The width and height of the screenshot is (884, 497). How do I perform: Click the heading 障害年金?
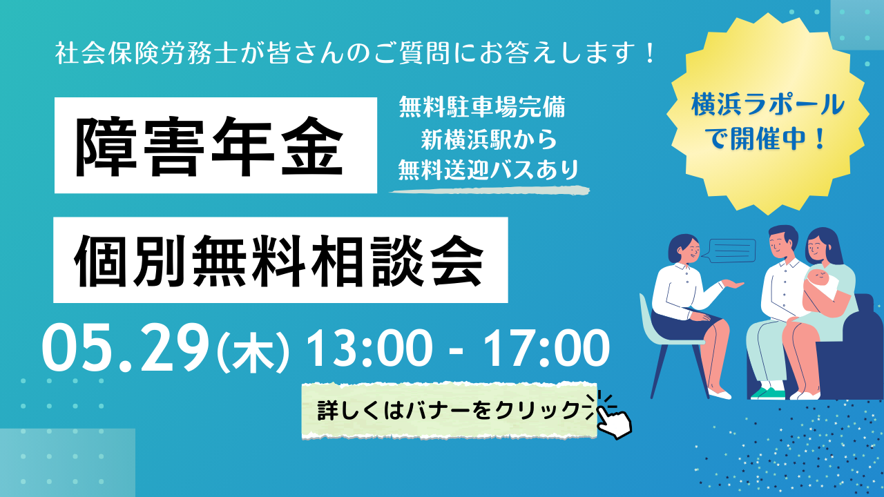(x=209, y=146)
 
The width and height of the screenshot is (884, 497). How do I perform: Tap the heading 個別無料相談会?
(x=278, y=260)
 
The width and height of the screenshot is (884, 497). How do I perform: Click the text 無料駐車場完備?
(x=482, y=107)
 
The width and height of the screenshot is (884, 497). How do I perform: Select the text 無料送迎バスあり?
(x=488, y=170)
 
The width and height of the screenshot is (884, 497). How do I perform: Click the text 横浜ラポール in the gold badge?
(x=768, y=106)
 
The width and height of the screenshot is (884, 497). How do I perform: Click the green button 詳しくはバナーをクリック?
(x=449, y=411)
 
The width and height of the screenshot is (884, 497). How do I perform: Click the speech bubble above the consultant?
(x=731, y=250)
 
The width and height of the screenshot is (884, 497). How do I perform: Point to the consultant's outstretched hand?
(x=733, y=284)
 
